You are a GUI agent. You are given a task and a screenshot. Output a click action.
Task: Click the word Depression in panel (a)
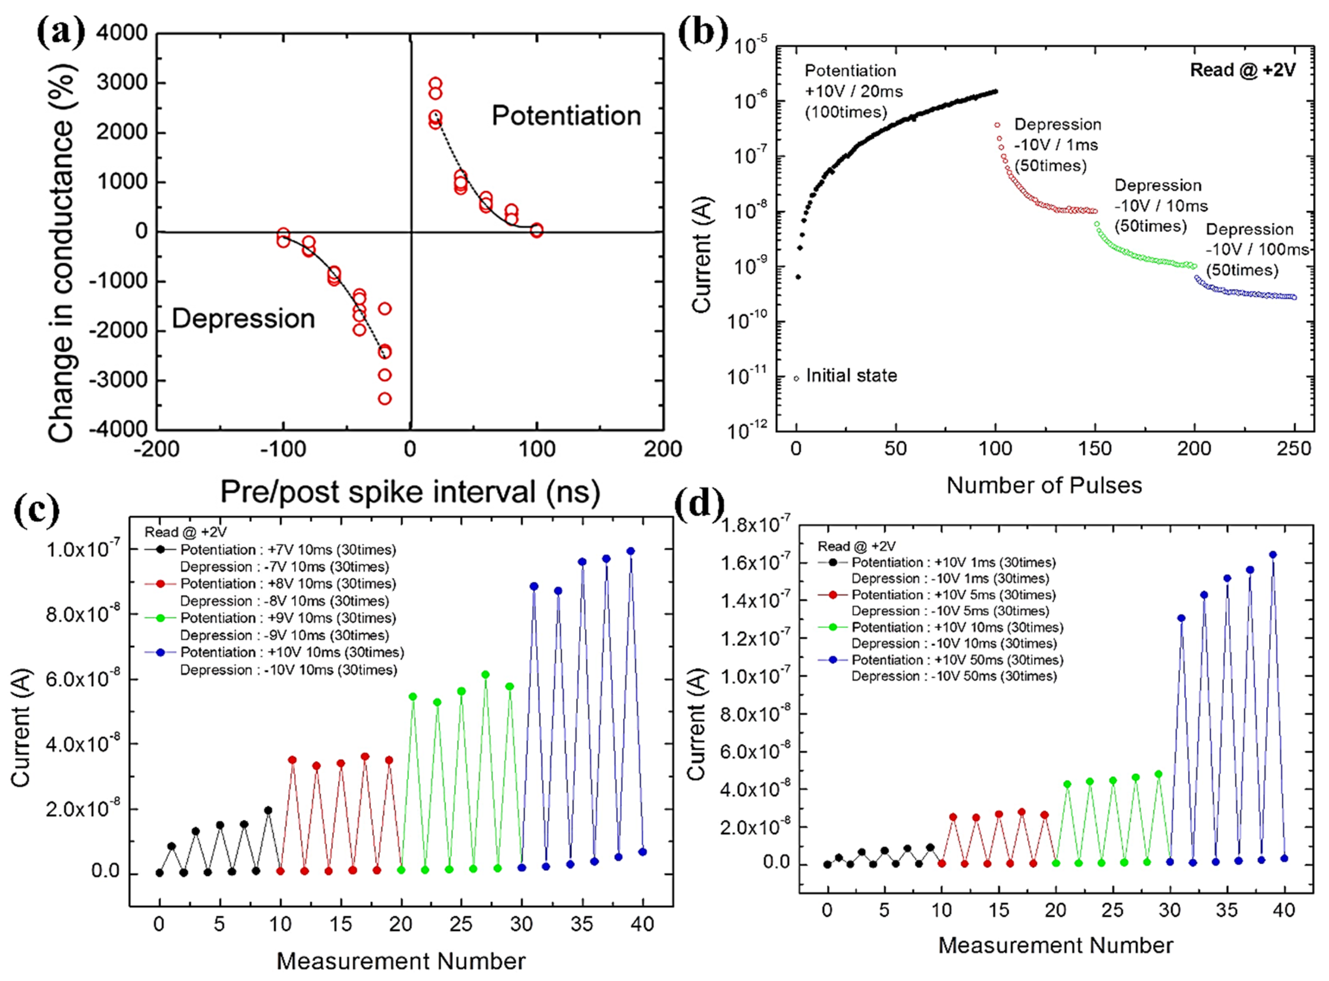pos(243,319)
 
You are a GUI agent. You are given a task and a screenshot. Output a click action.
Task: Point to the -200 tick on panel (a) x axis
pos(156,449)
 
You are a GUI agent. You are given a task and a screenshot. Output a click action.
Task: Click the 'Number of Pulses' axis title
pos(1044,485)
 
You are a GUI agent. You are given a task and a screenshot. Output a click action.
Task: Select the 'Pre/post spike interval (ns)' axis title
pos(410,492)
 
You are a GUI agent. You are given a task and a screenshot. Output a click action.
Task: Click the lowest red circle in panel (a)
pos(384,398)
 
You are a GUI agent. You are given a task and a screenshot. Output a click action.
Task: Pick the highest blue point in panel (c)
pos(631,551)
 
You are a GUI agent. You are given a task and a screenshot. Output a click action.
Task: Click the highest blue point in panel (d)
pos(1272,555)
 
